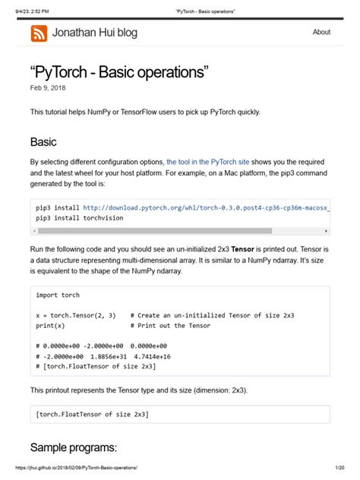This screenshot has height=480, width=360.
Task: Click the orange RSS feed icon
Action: coord(39,33)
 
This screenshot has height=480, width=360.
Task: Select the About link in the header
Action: coord(321,32)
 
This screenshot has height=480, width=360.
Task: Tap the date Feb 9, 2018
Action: coord(47,88)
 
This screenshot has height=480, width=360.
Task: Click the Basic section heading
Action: coord(43,142)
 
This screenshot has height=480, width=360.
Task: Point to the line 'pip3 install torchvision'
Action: coord(80,217)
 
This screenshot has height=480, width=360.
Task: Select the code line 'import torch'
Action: coord(58,295)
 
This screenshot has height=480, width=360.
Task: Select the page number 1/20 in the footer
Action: coord(339,469)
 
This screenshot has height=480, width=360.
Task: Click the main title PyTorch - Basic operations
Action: coord(119,73)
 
